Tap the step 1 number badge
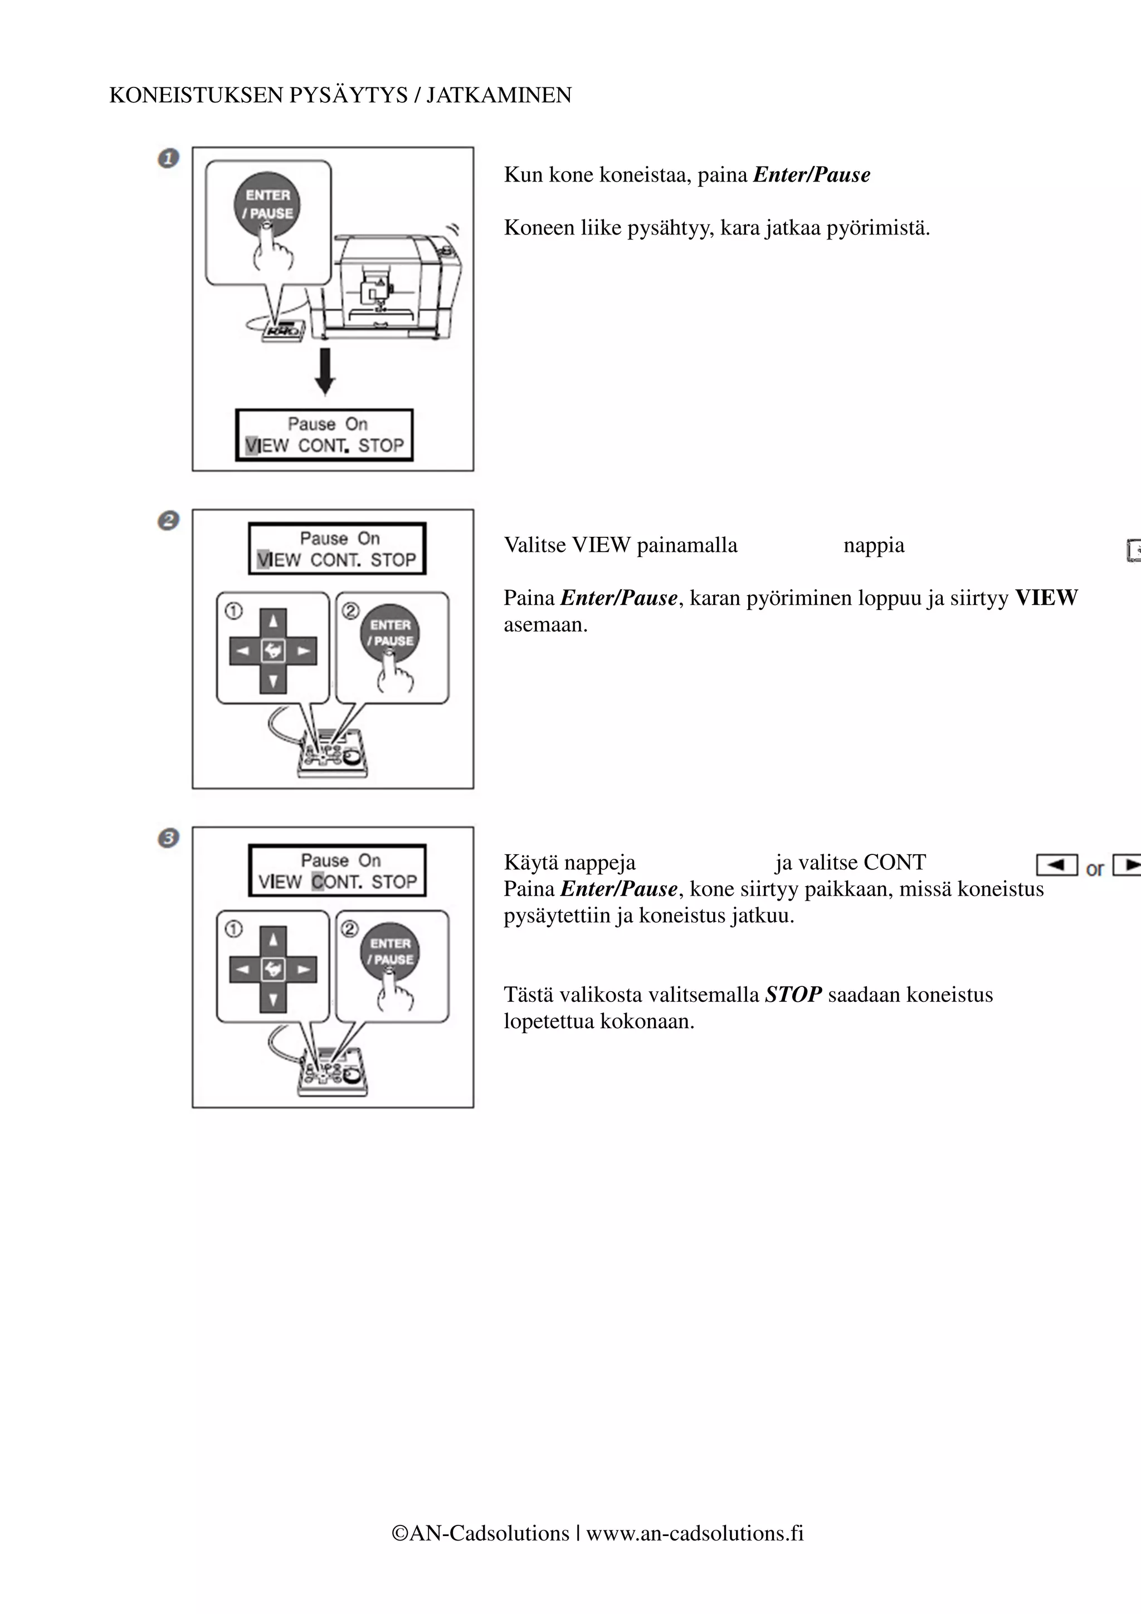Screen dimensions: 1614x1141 coord(168,158)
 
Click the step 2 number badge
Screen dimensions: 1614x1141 coord(168,521)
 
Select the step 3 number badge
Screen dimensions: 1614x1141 coord(168,838)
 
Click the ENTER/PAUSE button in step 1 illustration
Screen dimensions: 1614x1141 coord(267,204)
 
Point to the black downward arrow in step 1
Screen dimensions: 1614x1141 coord(325,371)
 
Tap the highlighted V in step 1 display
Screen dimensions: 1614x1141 coord(252,446)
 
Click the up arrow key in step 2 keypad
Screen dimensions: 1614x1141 coord(274,621)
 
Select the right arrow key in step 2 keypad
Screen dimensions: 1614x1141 coord(304,651)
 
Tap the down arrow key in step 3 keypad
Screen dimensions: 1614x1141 coord(274,999)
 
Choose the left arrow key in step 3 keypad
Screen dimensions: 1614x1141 coord(242,970)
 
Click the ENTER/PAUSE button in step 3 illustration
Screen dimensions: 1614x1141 coord(390,951)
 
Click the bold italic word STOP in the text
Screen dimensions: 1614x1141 coord(793,995)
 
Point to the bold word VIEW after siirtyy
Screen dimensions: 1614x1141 coord(1046,598)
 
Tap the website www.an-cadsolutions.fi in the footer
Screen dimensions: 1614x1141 coord(695,1533)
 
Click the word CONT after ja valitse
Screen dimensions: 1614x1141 coord(894,863)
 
